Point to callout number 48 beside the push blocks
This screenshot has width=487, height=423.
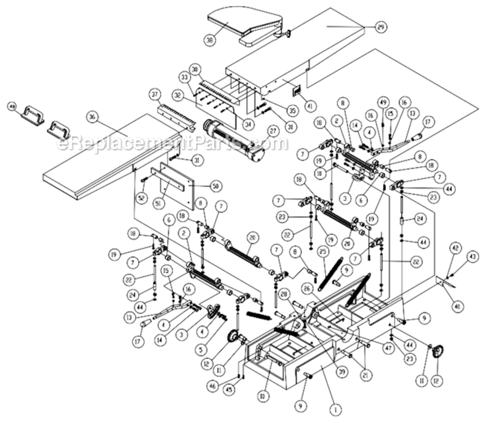11,106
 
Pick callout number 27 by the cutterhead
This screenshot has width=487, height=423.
273,131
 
